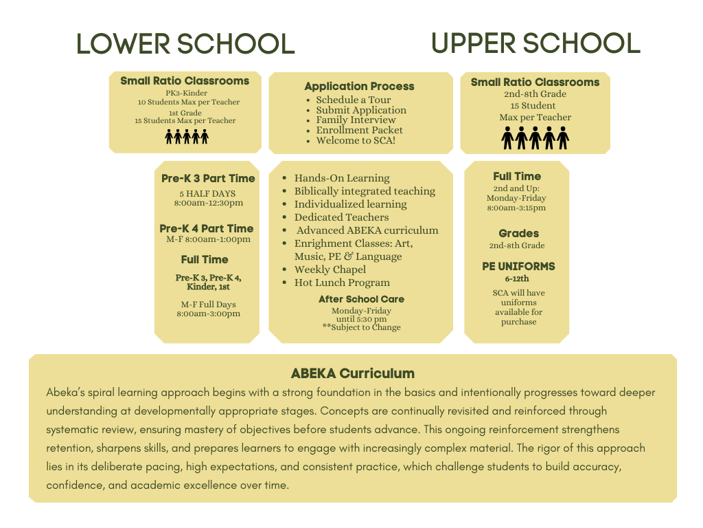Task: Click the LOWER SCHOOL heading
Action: pyautogui.click(x=185, y=43)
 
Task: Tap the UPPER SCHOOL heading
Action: pyautogui.click(x=535, y=43)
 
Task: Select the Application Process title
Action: pyautogui.click(x=359, y=87)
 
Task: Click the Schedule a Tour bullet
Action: pyautogui.click(x=353, y=100)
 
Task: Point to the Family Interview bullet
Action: pyautogui.click(x=356, y=120)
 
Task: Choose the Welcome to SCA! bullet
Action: pyautogui.click(x=355, y=140)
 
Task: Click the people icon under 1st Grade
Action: pyautogui.click(x=187, y=136)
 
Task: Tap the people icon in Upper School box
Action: pyautogui.click(x=535, y=137)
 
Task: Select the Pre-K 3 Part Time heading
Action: pyautogui.click(x=208, y=179)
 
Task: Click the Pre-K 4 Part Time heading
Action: pyautogui.click(x=207, y=228)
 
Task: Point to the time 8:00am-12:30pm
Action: pyautogui.click(x=209, y=203)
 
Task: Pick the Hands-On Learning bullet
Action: pyautogui.click(x=341, y=178)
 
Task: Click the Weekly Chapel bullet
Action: pyautogui.click(x=330, y=269)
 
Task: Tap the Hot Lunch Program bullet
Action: pyautogui.click(x=341, y=283)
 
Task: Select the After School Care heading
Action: pyautogui.click(x=361, y=299)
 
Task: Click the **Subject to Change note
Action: pyautogui.click(x=361, y=327)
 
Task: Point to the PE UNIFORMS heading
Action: pyautogui.click(x=518, y=266)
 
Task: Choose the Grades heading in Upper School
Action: pyautogui.click(x=518, y=234)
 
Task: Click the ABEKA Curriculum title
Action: pyautogui.click(x=353, y=374)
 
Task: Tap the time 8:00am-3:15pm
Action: pyautogui.click(x=516, y=208)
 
